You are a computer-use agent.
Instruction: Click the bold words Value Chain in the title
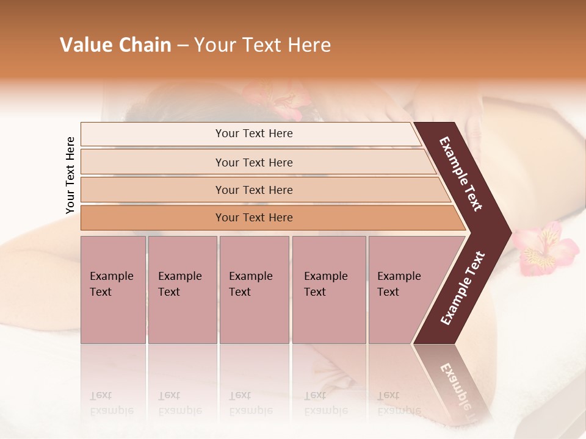coord(115,45)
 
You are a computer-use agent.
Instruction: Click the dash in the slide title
coord(183,46)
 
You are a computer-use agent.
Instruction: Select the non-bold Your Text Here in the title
coord(262,45)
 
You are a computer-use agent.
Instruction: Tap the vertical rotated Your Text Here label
coord(70,175)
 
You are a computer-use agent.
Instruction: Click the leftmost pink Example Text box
coord(113,289)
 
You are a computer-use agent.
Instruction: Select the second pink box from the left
coord(182,289)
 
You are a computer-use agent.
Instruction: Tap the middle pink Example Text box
coord(254,289)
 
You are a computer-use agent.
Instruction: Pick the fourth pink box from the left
coord(328,289)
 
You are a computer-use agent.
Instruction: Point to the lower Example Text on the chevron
coord(463,288)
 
